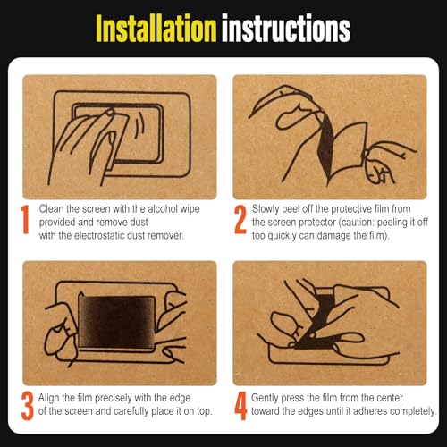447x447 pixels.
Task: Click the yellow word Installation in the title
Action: coord(156,28)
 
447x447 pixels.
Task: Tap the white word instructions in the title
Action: coord(286,28)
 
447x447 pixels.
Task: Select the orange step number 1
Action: coord(26,219)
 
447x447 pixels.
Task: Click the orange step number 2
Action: coord(240,219)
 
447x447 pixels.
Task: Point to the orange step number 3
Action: coord(28,406)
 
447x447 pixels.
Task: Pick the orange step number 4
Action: coord(240,406)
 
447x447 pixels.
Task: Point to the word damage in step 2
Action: coord(333,236)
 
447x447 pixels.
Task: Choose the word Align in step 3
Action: coord(48,398)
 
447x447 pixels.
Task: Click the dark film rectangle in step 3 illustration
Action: coord(116,322)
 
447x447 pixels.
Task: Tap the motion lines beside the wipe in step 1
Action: coord(139,128)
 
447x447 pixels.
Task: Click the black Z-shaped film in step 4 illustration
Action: coord(319,320)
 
